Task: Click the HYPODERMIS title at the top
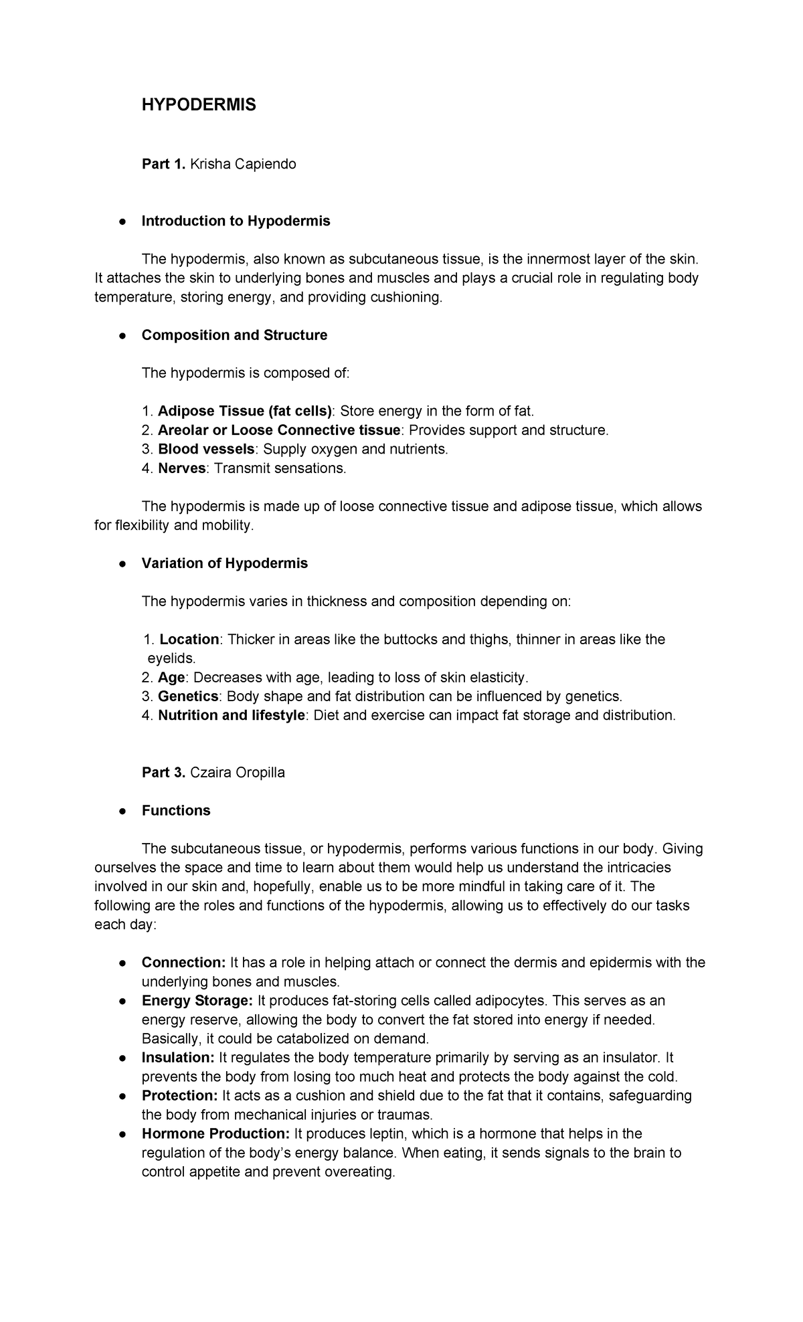199,105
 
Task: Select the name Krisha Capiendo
243,164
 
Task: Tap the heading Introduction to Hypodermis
236,221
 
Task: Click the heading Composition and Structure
234,335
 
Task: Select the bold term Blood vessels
206,449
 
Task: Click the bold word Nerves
181,468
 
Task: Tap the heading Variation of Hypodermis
224,563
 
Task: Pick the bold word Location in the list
189,640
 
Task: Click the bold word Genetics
188,696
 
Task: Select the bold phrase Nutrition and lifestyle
232,715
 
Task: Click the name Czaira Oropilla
238,773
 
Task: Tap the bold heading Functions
176,811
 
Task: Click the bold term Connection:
184,963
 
